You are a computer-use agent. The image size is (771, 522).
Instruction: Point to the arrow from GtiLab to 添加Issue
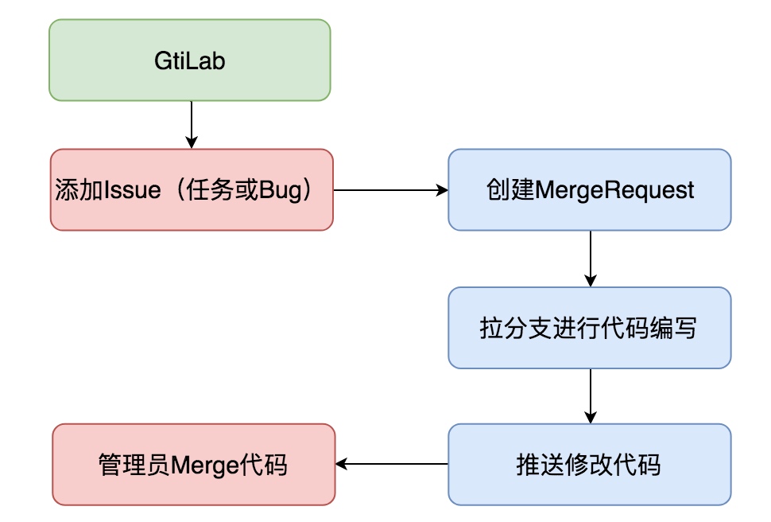click(x=191, y=125)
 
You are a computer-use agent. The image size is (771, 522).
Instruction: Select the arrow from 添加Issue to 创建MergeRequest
click(x=390, y=190)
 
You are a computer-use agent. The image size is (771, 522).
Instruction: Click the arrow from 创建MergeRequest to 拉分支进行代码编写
click(x=590, y=259)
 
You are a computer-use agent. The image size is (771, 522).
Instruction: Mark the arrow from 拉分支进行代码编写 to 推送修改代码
click(x=590, y=395)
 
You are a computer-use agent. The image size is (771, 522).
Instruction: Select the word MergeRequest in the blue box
click(x=615, y=190)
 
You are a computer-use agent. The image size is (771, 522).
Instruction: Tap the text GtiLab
click(x=189, y=60)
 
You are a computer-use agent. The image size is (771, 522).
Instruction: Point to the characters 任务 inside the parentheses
click(x=206, y=191)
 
